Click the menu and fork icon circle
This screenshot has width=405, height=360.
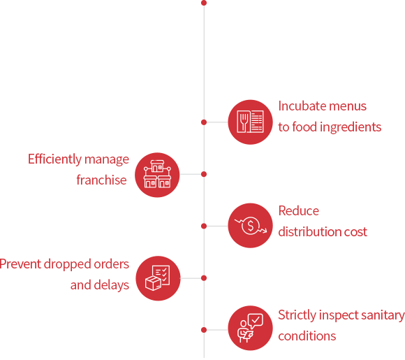250,122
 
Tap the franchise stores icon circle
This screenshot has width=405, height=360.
157,175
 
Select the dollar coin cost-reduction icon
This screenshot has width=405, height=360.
250,226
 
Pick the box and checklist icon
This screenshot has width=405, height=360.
158,278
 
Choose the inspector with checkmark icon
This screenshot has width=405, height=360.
250,328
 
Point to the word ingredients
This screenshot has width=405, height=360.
351,127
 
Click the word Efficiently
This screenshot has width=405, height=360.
54,159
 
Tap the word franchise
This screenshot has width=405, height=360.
101,180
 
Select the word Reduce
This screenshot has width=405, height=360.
299,211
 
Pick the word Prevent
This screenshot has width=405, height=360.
20,264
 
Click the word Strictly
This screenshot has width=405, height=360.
297,315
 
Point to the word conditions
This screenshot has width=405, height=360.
307,336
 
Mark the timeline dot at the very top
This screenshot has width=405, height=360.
204,3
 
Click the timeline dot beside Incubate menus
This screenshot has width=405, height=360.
204,122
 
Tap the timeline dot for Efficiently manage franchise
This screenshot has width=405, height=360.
204,174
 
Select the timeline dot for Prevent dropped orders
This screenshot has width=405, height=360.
204,278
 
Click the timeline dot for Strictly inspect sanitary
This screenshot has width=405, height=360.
204,330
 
